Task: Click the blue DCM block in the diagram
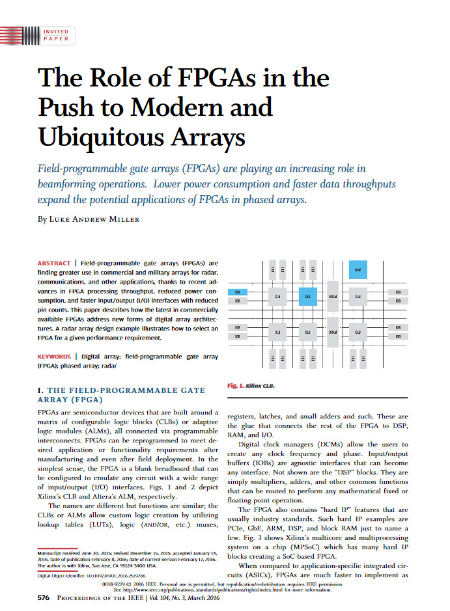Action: [358, 269]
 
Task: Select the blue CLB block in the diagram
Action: [307, 297]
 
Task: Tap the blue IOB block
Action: [238, 293]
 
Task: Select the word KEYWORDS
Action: [55, 357]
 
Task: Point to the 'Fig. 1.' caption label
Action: [235, 386]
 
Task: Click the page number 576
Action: [44, 597]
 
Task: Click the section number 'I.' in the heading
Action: [41, 390]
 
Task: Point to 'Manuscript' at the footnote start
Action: [53, 552]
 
